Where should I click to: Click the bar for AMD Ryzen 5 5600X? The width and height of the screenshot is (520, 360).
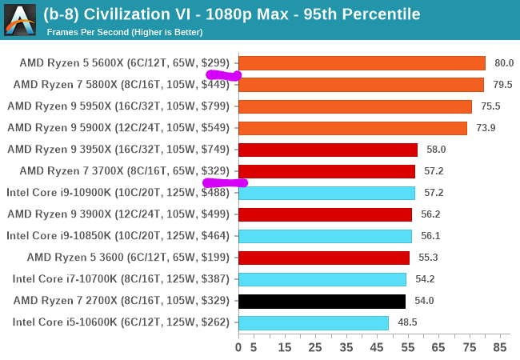point(362,63)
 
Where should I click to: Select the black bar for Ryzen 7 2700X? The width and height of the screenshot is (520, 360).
point(322,301)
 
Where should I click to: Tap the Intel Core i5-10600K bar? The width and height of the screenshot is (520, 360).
point(314,322)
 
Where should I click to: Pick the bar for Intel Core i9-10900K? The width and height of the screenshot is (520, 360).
point(326,193)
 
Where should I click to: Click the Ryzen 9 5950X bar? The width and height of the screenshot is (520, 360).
point(355,106)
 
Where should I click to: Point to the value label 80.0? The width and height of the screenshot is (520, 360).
point(503,63)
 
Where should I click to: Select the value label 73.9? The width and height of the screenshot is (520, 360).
point(485,128)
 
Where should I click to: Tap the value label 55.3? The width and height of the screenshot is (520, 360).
point(427,258)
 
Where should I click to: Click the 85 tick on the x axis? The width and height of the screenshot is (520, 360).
point(500,348)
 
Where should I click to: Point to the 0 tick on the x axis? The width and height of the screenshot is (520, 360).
point(238,348)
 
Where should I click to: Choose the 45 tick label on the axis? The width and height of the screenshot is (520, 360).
point(377,348)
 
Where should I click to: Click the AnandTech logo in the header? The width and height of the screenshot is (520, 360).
point(19,19)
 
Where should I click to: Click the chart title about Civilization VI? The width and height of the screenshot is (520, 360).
point(232,14)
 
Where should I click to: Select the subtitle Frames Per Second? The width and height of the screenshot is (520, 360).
point(125,32)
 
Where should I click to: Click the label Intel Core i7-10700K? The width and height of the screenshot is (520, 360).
point(121,279)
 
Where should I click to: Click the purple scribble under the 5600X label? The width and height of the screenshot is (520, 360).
point(224,76)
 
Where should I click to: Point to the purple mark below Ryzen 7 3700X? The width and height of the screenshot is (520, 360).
point(225,182)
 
